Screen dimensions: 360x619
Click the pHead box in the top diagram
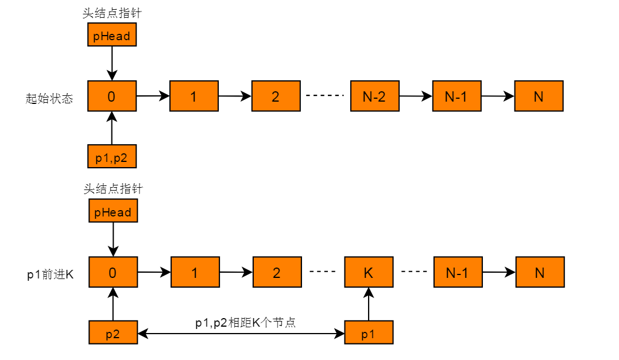point(111,36)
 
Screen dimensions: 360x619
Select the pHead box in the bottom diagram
point(113,212)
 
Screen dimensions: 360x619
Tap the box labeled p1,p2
point(111,156)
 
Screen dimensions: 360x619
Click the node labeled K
point(369,273)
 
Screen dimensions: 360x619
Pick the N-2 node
point(374,96)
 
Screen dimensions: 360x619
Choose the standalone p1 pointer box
point(369,333)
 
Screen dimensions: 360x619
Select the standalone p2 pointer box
point(113,333)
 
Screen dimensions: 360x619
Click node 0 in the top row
point(111,96)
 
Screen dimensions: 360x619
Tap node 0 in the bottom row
point(113,273)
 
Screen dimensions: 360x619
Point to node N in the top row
point(539,96)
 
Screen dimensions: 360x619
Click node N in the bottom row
point(540,273)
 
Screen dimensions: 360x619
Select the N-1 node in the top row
point(456,96)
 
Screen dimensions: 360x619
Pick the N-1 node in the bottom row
point(458,273)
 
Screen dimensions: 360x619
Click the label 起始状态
point(49,98)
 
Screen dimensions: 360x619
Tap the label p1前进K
point(50,274)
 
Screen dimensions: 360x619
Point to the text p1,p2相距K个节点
point(245,322)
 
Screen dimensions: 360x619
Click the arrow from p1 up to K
point(369,304)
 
